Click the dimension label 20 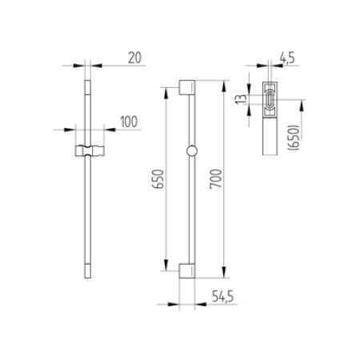[x=134, y=58]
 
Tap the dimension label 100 [x=129, y=122]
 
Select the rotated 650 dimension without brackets [x=158, y=179]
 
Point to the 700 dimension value [x=215, y=179]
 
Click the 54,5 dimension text [x=223, y=297]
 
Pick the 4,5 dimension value [x=287, y=58]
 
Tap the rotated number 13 [x=242, y=99]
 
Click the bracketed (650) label [x=294, y=137]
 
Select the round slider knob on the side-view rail [x=192, y=151]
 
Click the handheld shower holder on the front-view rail [x=90, y=151]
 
